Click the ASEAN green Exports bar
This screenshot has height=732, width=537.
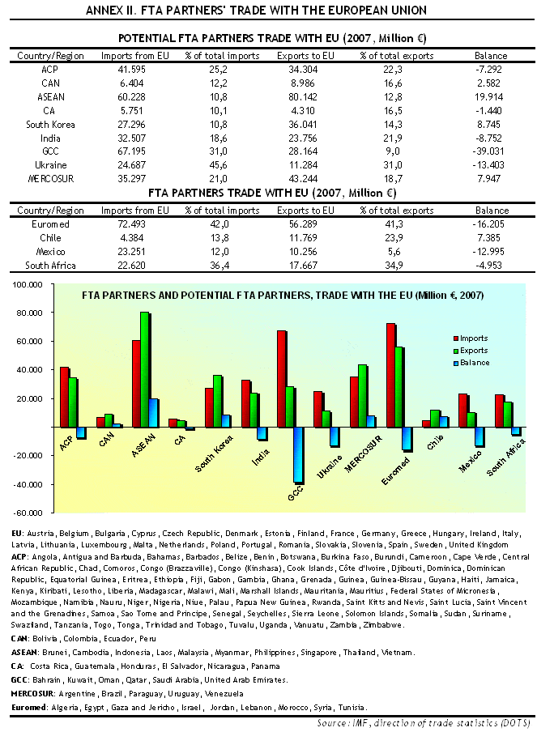tap(145, 369)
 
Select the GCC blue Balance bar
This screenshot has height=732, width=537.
tap(299, 455)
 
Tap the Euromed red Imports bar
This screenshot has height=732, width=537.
tap(391, 375)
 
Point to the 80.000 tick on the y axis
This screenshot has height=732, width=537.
tap(27, 313)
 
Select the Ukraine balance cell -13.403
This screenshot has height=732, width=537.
tap(488, 165)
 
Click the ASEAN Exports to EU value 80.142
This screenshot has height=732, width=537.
tap(303, 97)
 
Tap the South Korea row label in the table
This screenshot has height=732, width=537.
tap(50, 125)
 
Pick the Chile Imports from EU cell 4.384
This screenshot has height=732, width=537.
tap(132, 238)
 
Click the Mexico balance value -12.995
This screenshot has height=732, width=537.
tap(488, 252)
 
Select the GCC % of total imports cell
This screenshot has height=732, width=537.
tap(219, 151)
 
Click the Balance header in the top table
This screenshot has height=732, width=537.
tap(491, 56)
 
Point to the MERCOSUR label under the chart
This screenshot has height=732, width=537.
tap(364, 453)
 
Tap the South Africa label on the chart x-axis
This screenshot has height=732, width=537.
tap(506, 457)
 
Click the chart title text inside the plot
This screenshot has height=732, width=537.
tap(283, 296)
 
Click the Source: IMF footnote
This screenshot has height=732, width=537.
tap(424, 723)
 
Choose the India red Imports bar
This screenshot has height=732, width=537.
tap(246, 403)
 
